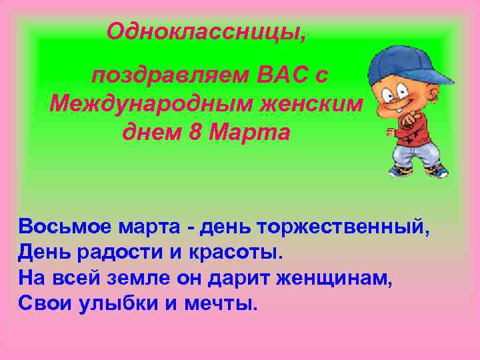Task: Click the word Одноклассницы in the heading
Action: (x=206, y=31)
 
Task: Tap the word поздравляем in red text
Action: (x=170, y=75)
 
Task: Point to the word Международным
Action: (x=145, y=104)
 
